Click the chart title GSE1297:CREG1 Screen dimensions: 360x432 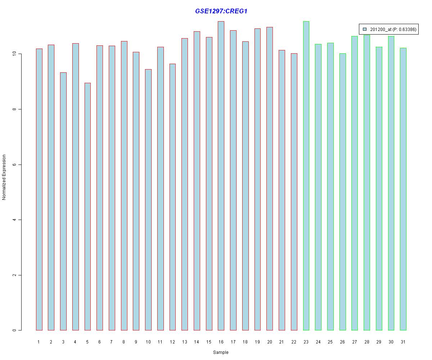pos(221,11)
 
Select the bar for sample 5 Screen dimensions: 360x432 pos(87,207)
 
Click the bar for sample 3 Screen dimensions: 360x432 pos(63,201)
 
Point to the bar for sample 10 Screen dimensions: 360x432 pos(148,200)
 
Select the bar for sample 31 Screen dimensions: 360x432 pos(403,189)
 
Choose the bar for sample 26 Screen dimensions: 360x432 pos(342,192)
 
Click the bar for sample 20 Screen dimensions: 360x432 pos(270,179)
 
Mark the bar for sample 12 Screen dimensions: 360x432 pos(172,197)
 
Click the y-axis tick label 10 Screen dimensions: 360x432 pos(15,54)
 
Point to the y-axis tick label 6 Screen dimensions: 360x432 pos(15,165)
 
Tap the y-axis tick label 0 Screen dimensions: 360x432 pos(15,330)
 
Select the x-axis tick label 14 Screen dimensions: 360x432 pos(197,342)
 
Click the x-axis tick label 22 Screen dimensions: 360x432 pos(294,342)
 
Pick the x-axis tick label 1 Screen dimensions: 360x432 pos(39,342)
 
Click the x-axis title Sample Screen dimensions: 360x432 pos(221,352)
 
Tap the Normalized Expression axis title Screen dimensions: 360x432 pos(4,177)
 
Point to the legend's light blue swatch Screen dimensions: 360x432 pos(365,29)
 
